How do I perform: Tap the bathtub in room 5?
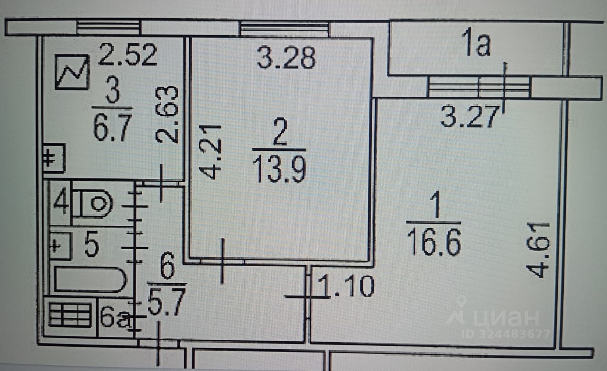coord(90,280)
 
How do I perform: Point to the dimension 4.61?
coord(538,250)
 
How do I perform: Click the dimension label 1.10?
coord(346,287)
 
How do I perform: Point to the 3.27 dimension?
coord(469,117)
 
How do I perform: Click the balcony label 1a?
coord(476,47)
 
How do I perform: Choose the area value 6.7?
coord(112,130)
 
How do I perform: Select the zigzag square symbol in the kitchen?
coord(72,72)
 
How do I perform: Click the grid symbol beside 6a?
coord(70,315)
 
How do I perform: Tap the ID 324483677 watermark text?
coord(506,334)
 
